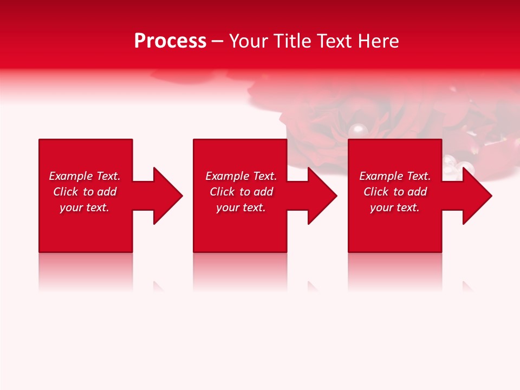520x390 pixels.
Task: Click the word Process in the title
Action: click(x=170, y=41)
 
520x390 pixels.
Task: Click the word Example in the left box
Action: click(x=70, y=176)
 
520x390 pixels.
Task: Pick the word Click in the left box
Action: click(x=66, y=192)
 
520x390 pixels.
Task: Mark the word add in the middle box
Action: click(x=263, y=192)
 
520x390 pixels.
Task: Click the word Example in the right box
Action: click(x=381, y=176)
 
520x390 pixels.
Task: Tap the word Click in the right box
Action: click(x=376, y=192)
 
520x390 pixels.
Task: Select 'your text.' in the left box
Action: click(x=84, y=207)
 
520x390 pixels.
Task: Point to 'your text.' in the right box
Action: click(x=395, y=207)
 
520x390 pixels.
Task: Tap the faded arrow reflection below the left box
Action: click(x=159, y=285)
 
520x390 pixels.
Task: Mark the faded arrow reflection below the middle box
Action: click(x=313, y=285)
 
